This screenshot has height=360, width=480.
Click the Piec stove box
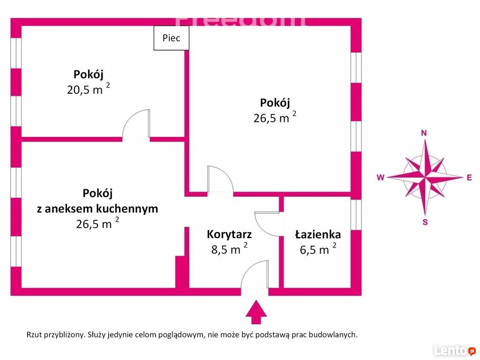[172, 38]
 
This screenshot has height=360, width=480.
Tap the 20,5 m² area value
[89, 89]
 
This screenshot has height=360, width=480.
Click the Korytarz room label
[229, 234]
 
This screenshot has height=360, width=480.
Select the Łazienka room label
[318, 234]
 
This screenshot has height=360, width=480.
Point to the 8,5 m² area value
[229, 248]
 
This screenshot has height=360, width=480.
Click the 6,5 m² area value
[318, 248]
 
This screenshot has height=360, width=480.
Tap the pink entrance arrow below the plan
[256, 312]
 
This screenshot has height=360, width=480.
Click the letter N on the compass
[424, 133]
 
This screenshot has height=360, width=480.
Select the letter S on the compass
[425, 222]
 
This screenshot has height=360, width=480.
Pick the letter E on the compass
[469, 178]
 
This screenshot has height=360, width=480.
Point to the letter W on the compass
[381, 178]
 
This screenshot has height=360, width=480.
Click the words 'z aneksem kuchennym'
[97, 209]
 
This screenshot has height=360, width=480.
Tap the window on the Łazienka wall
[356, 215]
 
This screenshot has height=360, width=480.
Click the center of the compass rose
[425, 177]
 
